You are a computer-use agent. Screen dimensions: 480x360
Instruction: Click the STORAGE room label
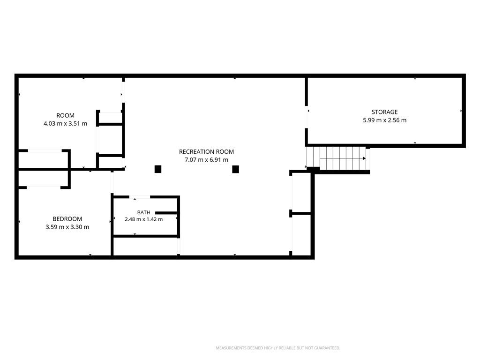(384, 112)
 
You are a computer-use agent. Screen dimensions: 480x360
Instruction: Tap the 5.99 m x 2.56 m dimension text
(384, 120)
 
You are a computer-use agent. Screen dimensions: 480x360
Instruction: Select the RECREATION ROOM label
(206, 152)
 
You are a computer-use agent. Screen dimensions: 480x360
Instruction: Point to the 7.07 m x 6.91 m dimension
(206, 160)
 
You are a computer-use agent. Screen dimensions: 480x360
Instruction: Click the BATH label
(143, 212)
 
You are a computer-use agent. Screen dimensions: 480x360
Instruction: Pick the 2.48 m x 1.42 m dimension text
(143, 219)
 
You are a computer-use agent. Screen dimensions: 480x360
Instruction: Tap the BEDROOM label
(67, 219)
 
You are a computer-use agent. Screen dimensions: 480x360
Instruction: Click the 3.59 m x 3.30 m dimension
(67, 227)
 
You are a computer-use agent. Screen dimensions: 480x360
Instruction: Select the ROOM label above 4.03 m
(65, 115)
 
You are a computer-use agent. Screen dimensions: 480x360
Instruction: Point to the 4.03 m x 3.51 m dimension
(65, 124)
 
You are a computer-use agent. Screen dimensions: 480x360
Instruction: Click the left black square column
(158, 169)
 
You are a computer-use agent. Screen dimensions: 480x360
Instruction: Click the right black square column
(235, 169)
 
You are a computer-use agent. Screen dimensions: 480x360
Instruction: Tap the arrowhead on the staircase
(364, 158)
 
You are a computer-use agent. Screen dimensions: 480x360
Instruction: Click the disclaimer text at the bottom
(278, 348)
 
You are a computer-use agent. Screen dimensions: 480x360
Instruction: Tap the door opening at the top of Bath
(140, 197)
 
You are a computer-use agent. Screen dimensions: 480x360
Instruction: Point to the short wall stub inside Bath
(166, 213)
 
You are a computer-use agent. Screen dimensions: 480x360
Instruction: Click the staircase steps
(336, 158)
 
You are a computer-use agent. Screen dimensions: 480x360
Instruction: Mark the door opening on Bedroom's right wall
(112, 182)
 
